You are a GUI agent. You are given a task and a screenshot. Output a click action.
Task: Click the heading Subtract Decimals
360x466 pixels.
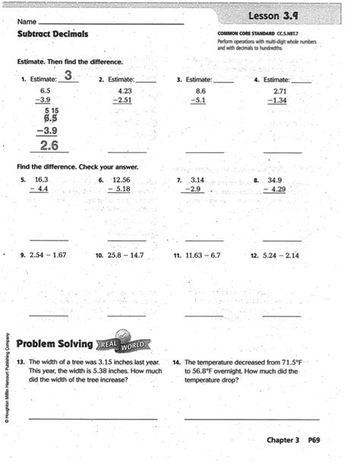coord(52,34)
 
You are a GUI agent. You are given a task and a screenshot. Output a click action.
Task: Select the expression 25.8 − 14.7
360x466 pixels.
coord(124,255)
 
